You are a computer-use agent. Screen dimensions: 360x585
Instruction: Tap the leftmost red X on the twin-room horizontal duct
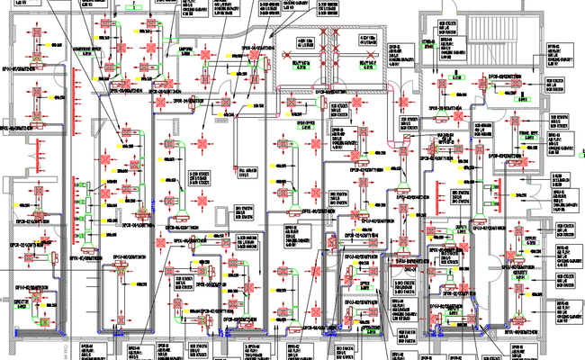click(x=303, y=60)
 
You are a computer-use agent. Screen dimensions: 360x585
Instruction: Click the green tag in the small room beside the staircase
click(x=431, y=42)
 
